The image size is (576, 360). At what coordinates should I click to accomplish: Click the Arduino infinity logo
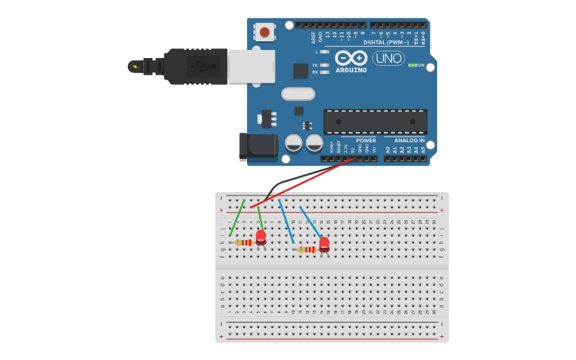pos(351,58)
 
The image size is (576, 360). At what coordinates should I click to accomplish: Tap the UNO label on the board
pos(388,58)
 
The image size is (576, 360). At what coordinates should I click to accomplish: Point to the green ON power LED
pos(412,65)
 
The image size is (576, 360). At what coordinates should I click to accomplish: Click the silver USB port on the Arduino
pos(251,67)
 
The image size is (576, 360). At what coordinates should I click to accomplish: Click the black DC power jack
pos(257,146)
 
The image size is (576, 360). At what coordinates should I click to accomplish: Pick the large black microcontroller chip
pos(374,122)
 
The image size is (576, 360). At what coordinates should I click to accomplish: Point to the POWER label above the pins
pos(366,141)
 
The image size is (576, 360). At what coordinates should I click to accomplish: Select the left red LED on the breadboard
pos(261,236)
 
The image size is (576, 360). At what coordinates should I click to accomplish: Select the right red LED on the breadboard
pos(324,243)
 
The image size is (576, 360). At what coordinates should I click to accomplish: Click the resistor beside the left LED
pos(244,242)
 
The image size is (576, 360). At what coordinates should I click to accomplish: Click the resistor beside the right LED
pos(307,250)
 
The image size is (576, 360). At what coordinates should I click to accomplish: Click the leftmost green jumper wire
pos(237,218)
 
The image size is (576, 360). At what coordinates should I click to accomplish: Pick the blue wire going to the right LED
pos(310,222)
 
